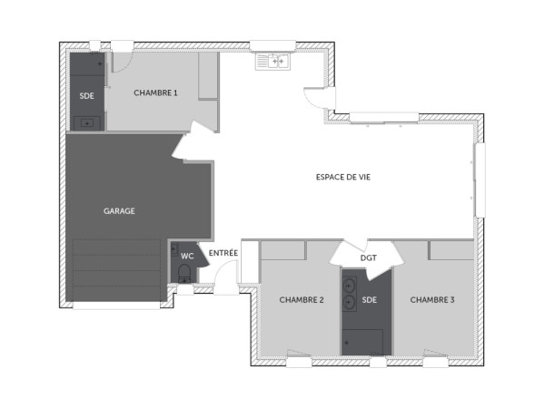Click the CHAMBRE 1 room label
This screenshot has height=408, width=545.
pos(155,92)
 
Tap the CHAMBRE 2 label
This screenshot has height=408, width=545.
pos(302,300)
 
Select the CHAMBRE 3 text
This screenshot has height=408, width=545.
pos(431,300)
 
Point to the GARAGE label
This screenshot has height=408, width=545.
pos(119,210)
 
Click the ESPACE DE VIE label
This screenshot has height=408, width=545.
pos(343,177)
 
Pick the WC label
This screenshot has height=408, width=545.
pos(187,256)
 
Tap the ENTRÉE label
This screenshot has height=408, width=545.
pos(223,252)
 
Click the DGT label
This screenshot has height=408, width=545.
pos(368,258)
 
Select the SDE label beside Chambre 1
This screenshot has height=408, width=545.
pos(87,95)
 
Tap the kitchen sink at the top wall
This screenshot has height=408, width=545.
pos(272,62)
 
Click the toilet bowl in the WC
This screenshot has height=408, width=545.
pos(185,273)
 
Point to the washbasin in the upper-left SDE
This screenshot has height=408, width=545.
pos(87,121)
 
